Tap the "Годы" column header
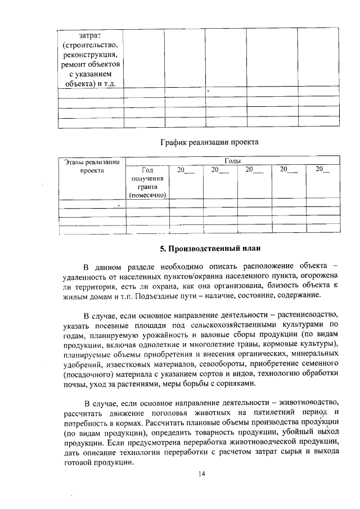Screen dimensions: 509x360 coord(232,161)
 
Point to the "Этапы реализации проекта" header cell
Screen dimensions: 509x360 coord(91,166)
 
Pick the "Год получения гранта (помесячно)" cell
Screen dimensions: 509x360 coord(147,182)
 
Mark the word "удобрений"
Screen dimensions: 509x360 coord(84,364)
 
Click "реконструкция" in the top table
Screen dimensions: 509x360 coord(91,55)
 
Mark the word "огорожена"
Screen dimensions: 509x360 coord(316,275)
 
